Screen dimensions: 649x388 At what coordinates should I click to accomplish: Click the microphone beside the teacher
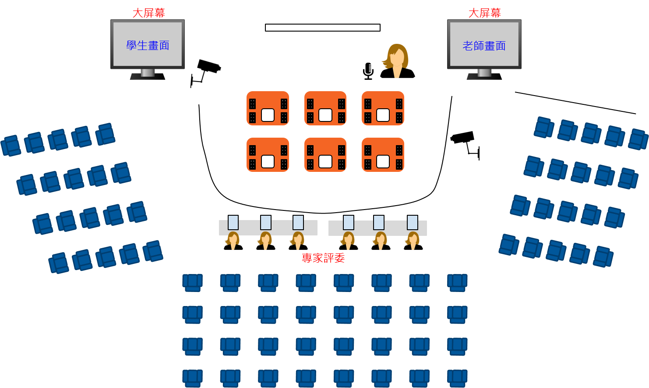point(368,71)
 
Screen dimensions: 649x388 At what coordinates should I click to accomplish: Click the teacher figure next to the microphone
point(398,61)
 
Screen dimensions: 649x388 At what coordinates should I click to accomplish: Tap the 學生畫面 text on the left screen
point(148,46)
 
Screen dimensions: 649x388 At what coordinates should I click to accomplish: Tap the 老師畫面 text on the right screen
point(484,46)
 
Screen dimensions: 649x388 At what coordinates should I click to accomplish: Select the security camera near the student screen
point(206,72)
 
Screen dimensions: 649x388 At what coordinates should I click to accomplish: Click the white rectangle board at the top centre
point(323,28)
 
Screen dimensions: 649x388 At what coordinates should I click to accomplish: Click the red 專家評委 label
point(323,258)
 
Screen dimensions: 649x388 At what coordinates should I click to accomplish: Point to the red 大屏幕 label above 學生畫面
point(148,13)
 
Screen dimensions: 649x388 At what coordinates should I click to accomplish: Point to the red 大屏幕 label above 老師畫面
point(485,13)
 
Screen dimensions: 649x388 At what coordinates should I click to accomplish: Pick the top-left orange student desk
point(268,108)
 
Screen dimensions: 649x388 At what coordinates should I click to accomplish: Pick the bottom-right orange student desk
point(383,155)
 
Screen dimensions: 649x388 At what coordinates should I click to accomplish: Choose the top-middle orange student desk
point(325,108)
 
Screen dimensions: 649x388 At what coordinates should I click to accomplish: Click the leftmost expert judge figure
point(233,241)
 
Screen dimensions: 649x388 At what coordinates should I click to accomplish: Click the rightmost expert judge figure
point(413,241)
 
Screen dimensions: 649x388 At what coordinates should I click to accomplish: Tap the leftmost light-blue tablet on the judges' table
point(233,222)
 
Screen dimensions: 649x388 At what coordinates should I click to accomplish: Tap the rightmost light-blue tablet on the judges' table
point(413,222)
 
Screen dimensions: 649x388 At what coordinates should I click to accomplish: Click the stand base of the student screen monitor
point(148,77)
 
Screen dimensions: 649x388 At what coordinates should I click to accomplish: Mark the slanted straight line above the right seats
point(575,103)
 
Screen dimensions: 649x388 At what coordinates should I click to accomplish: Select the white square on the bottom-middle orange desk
point(325,161)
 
